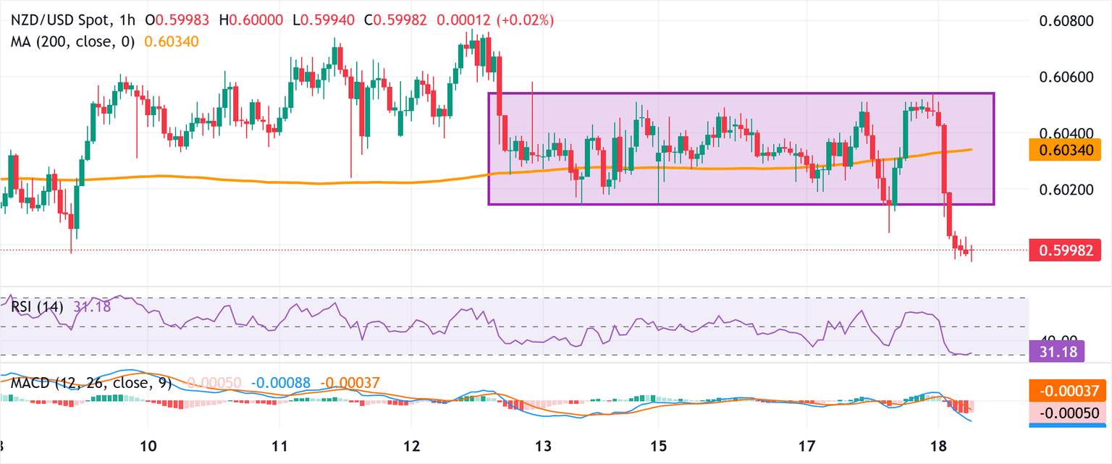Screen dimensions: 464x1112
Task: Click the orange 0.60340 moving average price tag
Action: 1069,150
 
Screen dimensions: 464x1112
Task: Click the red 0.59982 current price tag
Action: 1069,250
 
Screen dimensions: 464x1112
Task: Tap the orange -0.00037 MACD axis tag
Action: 1069,392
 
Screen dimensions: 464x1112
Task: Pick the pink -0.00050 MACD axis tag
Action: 1069,413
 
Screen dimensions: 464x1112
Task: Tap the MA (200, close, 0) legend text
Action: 73,42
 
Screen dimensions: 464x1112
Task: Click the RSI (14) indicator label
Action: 37,307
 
